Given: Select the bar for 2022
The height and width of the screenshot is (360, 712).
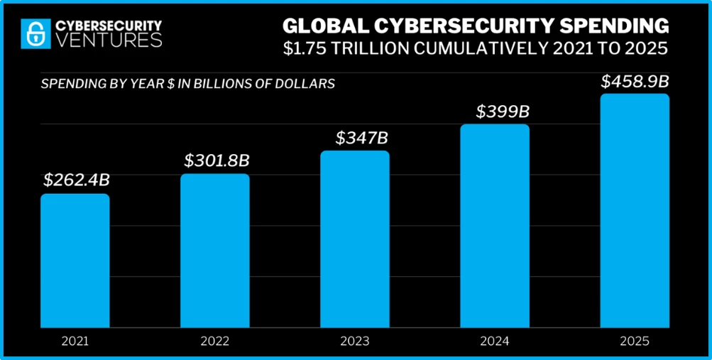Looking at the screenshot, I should (215, 250).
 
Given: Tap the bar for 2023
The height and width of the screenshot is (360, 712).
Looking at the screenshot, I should (355, 239).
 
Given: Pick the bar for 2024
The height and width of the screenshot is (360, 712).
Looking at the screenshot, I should (495, 225).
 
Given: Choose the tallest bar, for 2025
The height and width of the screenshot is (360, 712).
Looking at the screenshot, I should (635, 210).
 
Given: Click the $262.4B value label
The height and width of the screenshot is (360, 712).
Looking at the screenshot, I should (76, 180).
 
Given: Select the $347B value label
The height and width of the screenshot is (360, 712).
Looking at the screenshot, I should (355, 136).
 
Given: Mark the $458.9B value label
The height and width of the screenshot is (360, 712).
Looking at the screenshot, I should (635, 80).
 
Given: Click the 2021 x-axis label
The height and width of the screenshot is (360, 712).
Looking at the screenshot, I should (75, 342).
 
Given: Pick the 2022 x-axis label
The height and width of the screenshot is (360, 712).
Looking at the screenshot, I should (215, 342).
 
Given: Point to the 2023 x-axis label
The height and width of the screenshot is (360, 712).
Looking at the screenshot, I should (355, 342).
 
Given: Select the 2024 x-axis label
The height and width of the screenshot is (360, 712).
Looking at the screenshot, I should (495, 342).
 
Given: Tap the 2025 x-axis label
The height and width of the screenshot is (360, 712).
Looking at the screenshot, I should (635, 342).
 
